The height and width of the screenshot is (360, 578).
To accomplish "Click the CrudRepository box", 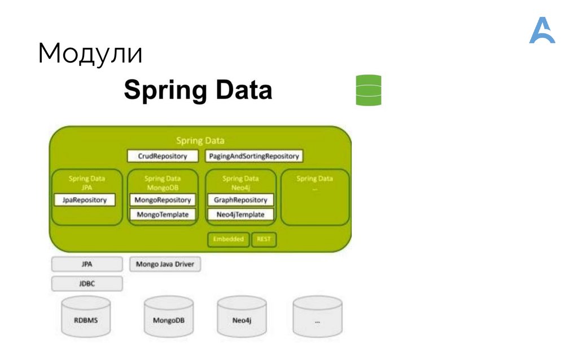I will pos(163,156).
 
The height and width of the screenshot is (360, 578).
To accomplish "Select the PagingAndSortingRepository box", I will pos(253,156).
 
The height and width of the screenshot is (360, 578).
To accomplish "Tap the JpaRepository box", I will pos(84,200).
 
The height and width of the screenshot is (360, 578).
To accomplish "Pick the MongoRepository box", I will pos(163,200).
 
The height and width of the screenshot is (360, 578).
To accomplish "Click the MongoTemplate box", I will pos(163,214).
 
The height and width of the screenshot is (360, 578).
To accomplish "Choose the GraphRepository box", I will pos(240,200).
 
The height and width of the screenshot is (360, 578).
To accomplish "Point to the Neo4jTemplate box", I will pos(240,214).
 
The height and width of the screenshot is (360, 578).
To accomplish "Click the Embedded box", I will pos(229,239).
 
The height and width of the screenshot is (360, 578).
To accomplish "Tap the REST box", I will pos(264,239).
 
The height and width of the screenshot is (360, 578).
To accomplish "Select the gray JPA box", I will pos(87,264).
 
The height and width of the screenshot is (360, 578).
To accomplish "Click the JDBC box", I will pos(87,283).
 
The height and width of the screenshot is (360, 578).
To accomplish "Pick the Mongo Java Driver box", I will pos(165,264).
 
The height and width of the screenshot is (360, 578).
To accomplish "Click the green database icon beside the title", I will pos(369,90).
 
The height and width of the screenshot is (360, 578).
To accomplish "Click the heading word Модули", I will pos(90,54).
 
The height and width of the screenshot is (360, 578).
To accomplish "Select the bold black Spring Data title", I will pos(198,90).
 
